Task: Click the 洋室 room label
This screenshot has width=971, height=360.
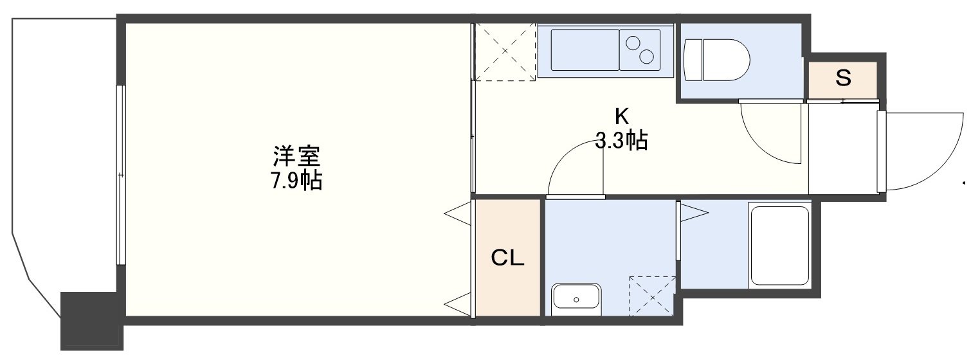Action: point(296,156)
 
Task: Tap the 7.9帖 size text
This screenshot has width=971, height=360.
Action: point(296,181)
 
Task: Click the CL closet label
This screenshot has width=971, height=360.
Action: point(507,258)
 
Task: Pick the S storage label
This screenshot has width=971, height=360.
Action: point(843,78)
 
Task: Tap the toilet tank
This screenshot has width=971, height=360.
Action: point(693,60)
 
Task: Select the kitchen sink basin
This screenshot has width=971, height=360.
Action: point(585,50)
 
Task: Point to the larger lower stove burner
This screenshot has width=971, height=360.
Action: point(646,57)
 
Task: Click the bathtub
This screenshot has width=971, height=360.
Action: point(779,245)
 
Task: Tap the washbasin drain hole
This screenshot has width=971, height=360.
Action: point(576,300)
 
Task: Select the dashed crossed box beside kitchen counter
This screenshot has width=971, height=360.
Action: point(505,51)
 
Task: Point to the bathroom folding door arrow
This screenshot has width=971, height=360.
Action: point(694,213)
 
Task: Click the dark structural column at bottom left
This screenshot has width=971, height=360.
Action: point(91,321)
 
